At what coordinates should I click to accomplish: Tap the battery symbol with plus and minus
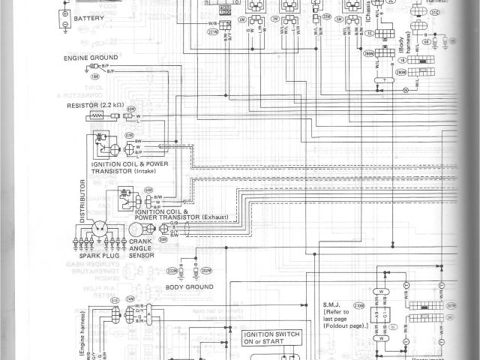(65, 16)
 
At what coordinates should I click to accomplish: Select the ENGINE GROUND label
(87, 56)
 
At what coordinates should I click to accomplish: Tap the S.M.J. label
(333, 304)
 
